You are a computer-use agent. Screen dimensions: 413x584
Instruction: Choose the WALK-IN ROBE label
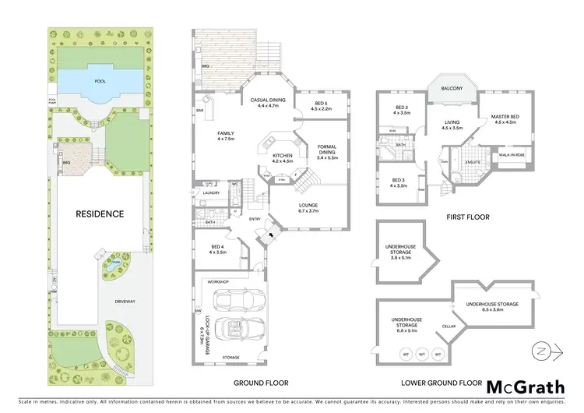[512, 155]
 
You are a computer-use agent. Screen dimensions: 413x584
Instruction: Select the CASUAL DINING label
[267, 101]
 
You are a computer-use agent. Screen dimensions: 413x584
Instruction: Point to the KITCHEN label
[282, 157]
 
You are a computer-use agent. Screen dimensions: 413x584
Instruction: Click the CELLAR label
[449, 326]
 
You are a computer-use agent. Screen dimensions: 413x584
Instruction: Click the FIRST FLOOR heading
[467, 217]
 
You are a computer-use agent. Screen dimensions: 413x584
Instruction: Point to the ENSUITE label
[473, 161]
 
